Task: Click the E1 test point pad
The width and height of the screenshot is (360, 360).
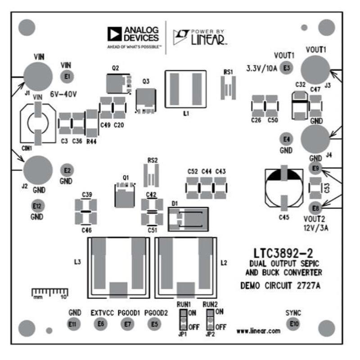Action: click(x=67, y=77)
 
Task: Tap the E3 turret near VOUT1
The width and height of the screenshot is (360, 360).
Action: click(x=286, y=68)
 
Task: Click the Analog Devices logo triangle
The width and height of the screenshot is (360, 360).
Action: click(x=115, y=34)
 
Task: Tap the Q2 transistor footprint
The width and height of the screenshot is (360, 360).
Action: click(x=118, y=83)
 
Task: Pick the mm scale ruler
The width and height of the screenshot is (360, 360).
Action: click(x=49, y=293)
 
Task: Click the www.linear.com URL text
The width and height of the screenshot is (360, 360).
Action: click(x=258, y=331)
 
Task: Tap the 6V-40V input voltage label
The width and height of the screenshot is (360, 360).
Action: click(x=64, y=95)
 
